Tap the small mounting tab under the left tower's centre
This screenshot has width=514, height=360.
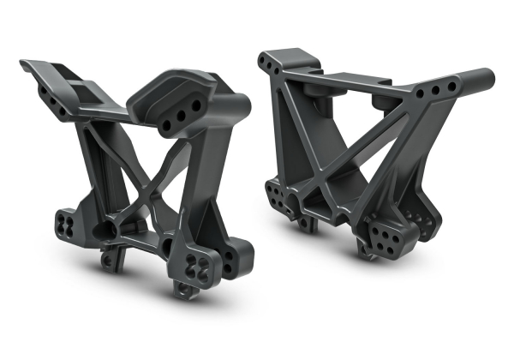(x=110, y=257)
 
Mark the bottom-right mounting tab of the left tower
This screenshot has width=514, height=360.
(x=183, y=289)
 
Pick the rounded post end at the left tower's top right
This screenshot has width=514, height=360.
(x=237, y=105)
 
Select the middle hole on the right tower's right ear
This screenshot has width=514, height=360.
(x=435, y=90)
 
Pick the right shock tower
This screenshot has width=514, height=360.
(x=368, y=154)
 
